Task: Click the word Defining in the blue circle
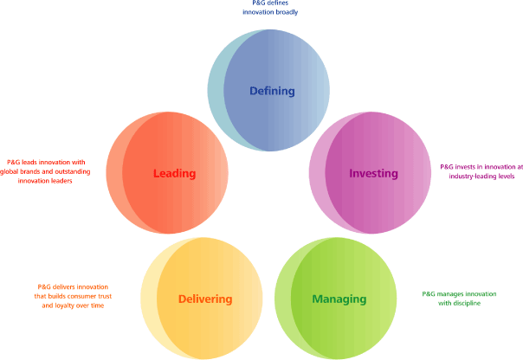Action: click(272, 91)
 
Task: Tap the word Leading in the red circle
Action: click(174, 174)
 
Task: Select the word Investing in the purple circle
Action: click(373, 174)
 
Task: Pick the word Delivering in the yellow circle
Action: click(205, 299)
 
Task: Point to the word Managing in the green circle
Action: click(339, 299)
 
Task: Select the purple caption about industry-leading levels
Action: click(481, 171)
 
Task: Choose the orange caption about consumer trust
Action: click(76, 296)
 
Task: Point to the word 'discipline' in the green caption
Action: click(465, 304)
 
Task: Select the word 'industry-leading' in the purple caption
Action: click(472, 177)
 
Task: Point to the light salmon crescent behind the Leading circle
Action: click(113, 173)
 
